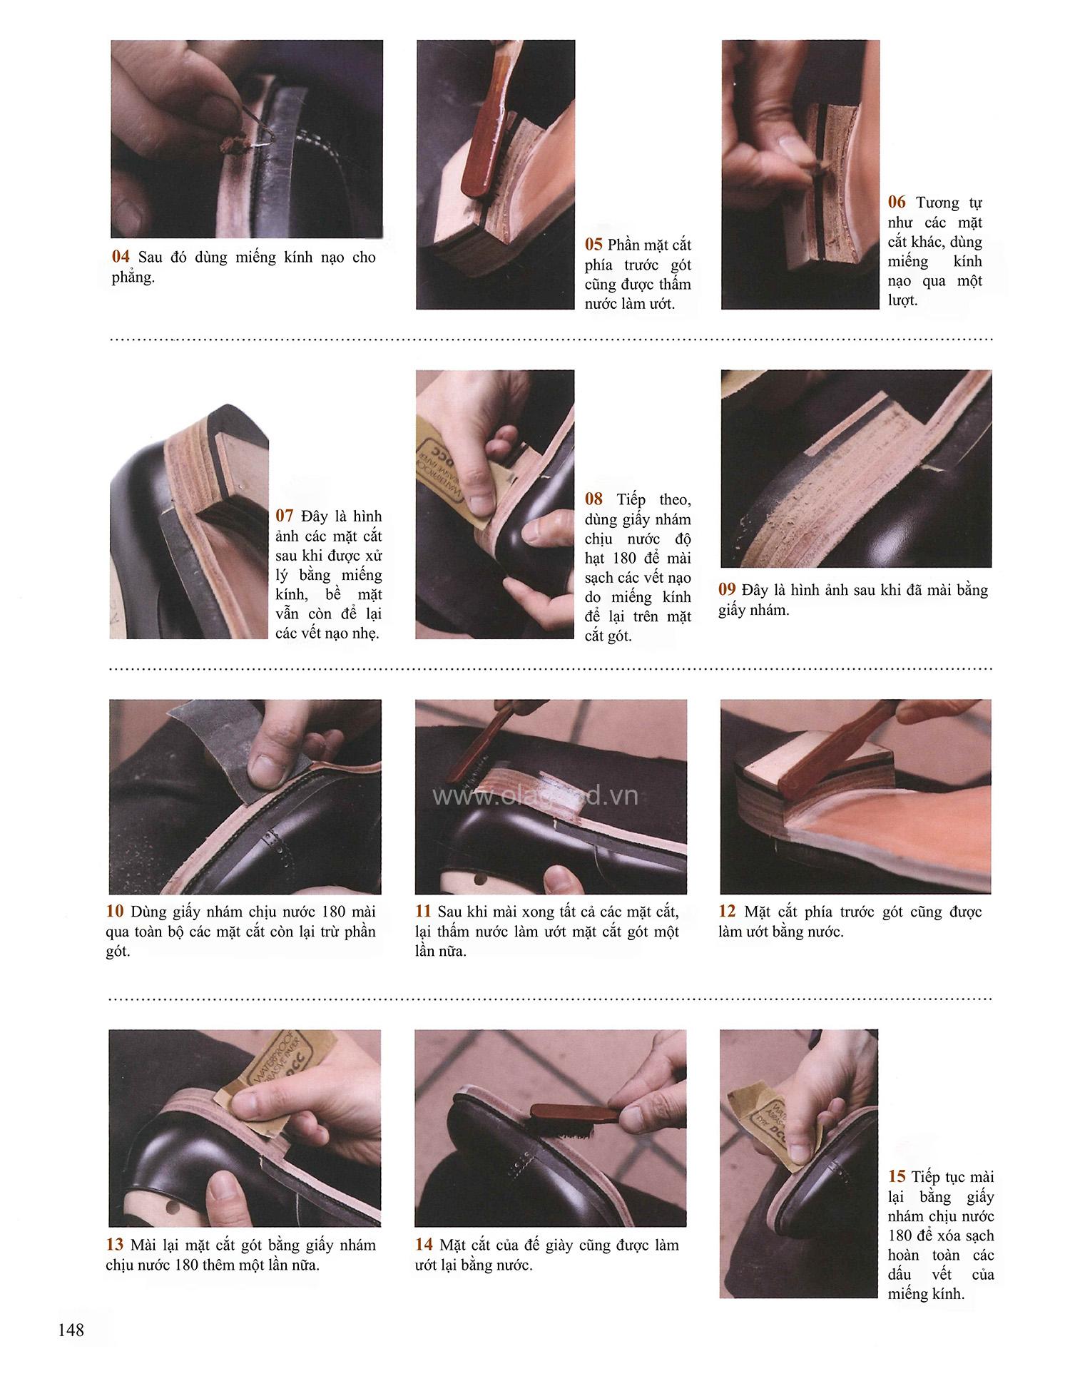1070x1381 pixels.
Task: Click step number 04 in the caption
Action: coord(121,257)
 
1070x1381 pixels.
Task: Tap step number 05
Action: coord(594,245)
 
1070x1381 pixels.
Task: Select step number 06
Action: coord(897,202)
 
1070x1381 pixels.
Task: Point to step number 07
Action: coord(285,515)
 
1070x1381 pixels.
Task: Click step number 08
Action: coord(594,499)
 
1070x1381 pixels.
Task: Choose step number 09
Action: coord(728,589)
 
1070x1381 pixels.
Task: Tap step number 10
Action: coord(115,911)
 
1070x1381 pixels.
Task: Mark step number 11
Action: coord(424,911)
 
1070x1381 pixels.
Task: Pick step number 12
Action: coord(728,911)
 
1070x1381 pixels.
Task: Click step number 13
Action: coord(115,1245)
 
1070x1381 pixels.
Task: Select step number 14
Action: coord(424,1245)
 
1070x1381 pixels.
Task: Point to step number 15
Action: coord(897,1177)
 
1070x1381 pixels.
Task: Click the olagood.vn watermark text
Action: coord(536,796)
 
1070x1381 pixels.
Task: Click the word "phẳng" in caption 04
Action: coord(133,278)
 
